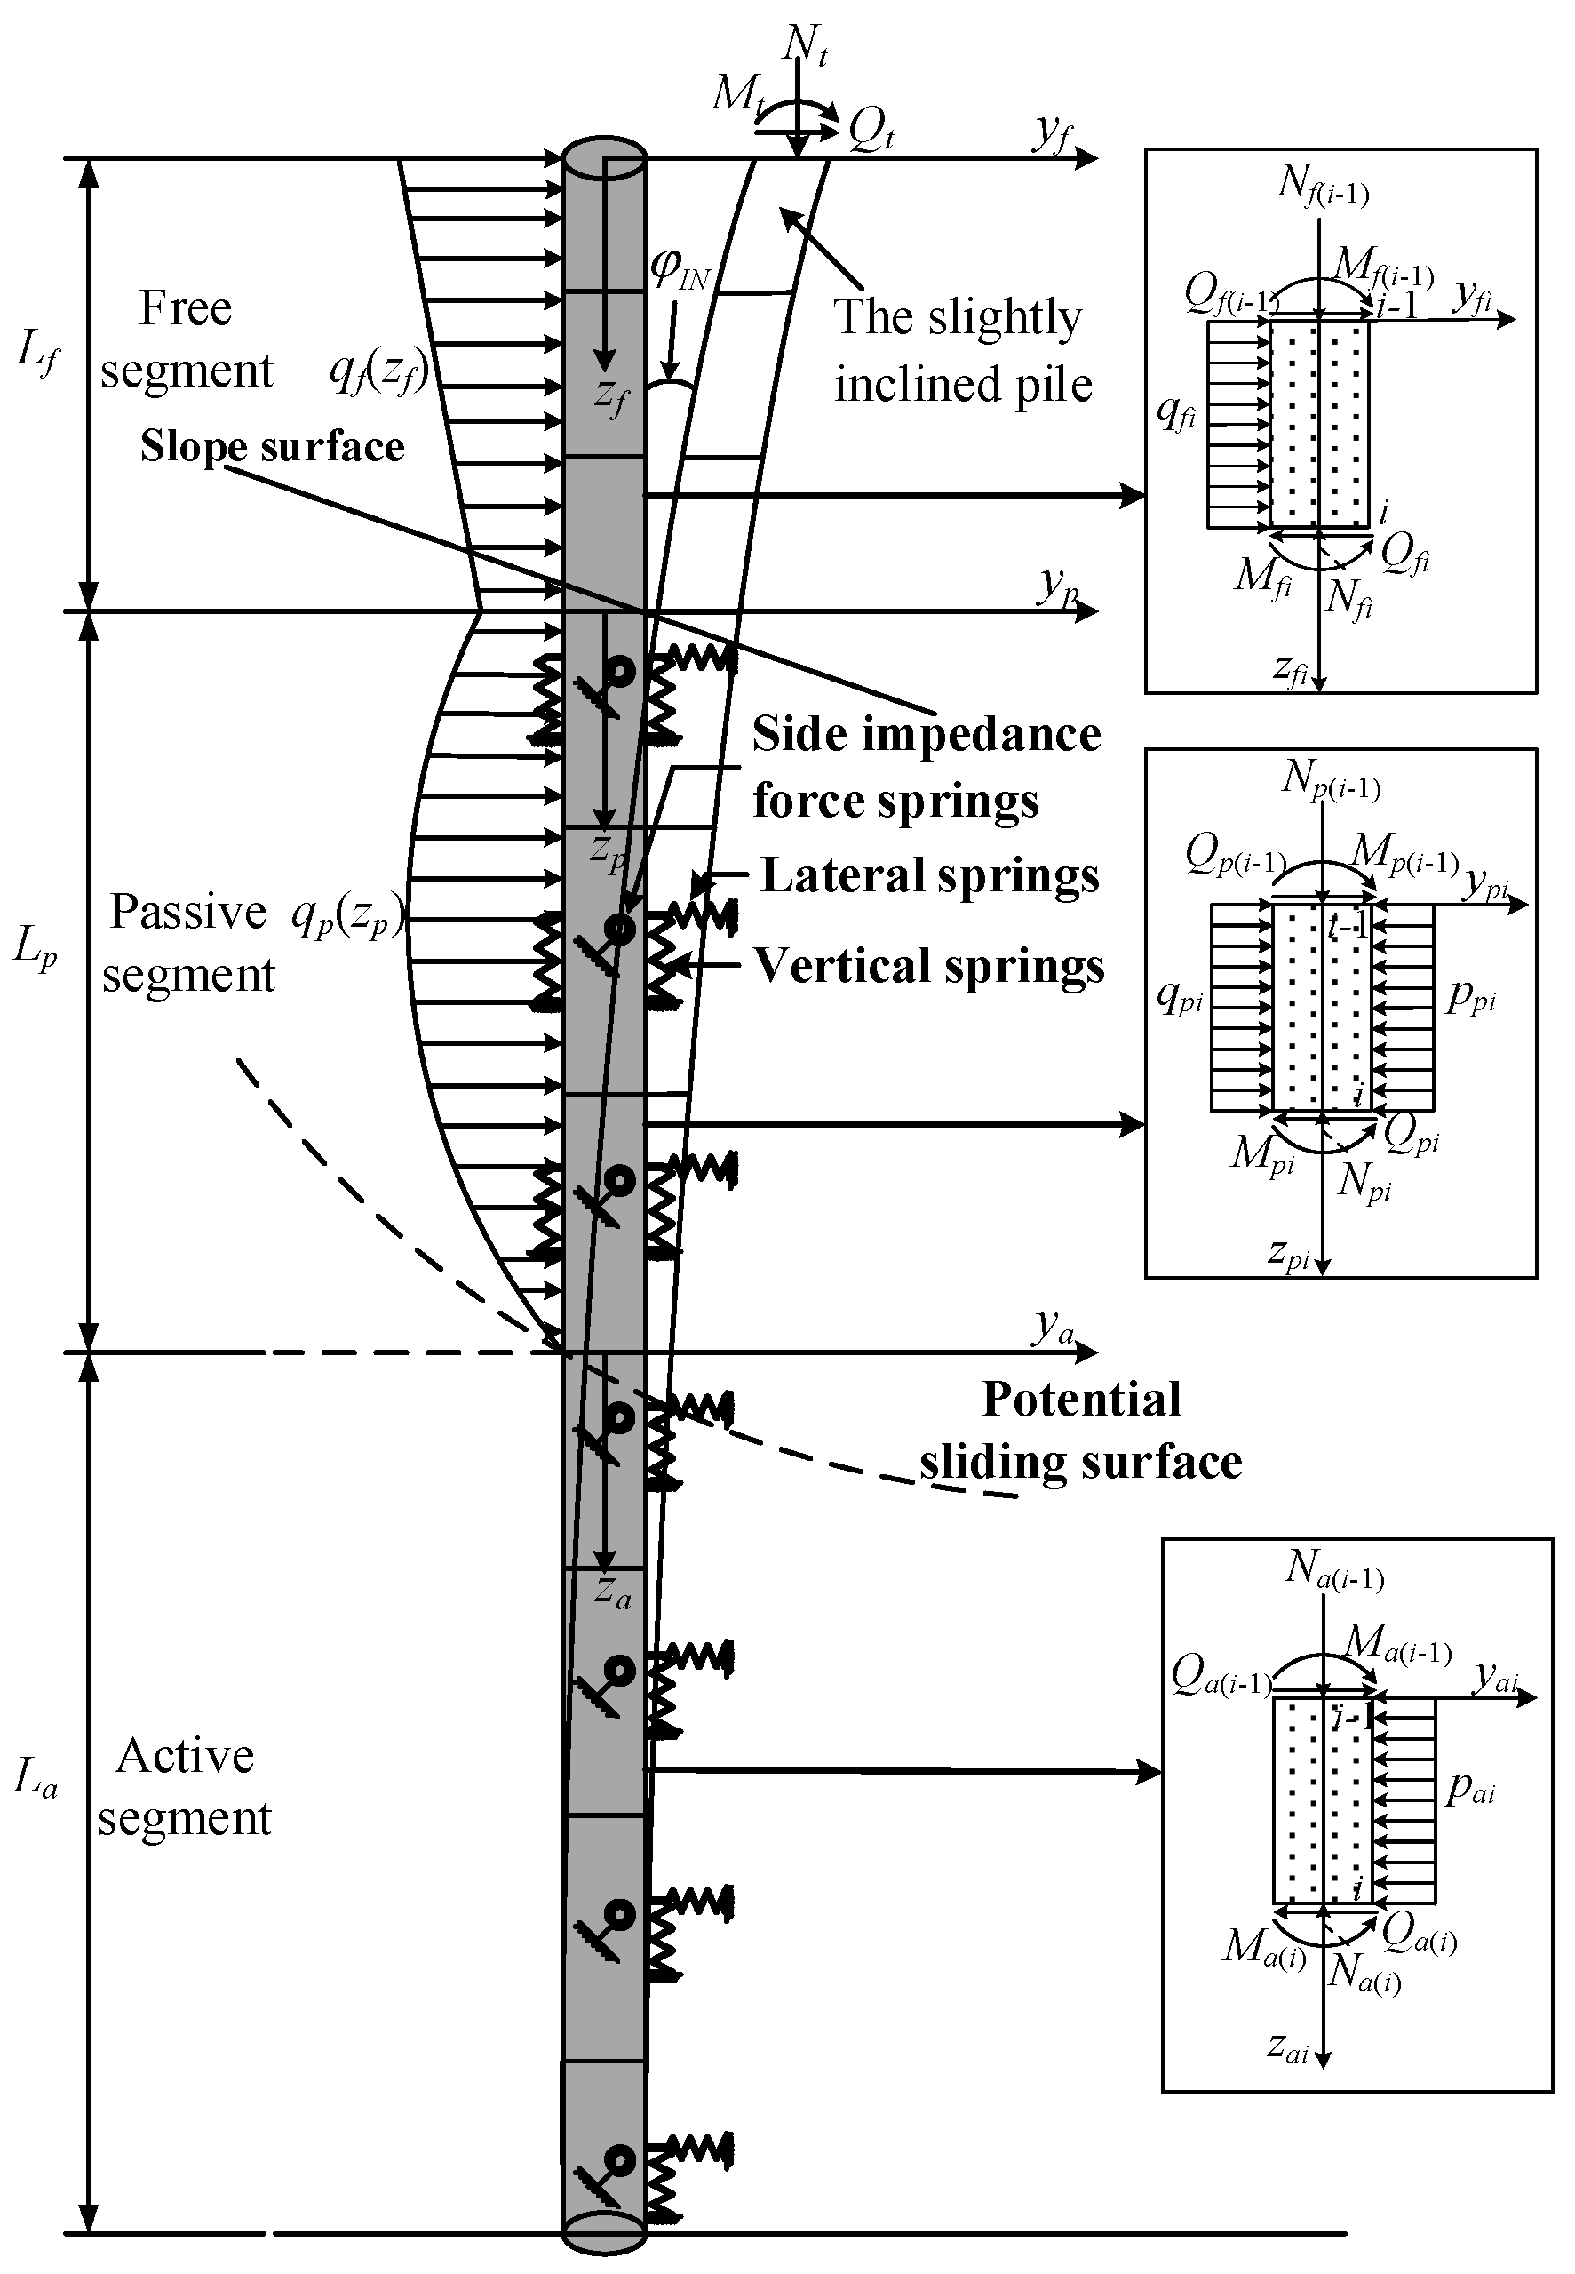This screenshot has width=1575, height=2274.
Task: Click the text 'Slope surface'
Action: point(273,447)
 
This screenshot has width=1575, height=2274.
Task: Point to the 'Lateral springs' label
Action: point(928,876)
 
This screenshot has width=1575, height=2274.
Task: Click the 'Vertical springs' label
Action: point(928,966)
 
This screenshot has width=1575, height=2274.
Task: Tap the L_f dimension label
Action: point(37,350)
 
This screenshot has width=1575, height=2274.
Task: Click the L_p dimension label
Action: point(36,947)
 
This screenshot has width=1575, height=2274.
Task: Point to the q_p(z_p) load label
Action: point(347,919)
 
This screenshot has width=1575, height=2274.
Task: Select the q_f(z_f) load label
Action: point(378,373)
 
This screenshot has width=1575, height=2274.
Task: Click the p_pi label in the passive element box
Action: point(1470,998)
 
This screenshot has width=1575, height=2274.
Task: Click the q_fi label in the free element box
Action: point(1176,411)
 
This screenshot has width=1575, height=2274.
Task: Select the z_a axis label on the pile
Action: point(613,1590)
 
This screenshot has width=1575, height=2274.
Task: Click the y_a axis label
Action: point(1053,1328)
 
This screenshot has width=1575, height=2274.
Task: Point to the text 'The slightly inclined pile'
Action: point(962,350)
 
